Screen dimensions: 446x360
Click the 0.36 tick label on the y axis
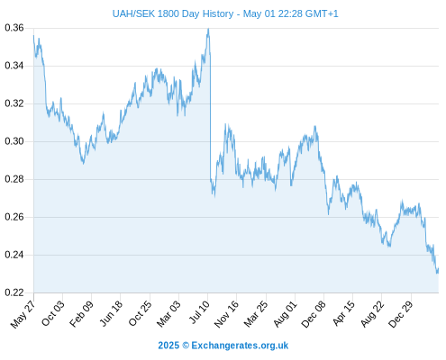(x=14, y=28)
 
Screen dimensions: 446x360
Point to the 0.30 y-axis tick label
(x=14, y=141)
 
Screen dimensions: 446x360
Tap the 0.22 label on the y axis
(x=14, y=292)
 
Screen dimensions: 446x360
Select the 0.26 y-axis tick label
(x=14, y=217)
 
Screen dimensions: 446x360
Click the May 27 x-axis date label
(x=23, y=315)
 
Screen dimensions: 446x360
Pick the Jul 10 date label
(x=199, y=313)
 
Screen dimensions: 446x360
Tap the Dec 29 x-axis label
(x=400, y=314)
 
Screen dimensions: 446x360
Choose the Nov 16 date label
(x=226, y=314)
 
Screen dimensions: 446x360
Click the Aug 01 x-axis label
(x=285, y=314)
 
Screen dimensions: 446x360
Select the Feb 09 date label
(x=81, y=314)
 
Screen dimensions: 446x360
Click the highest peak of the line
(x=208, y=29)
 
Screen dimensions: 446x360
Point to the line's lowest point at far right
(x=437, y=273)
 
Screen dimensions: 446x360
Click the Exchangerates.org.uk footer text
(x=240, y=346)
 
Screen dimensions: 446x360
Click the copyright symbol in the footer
(x=186, y=346)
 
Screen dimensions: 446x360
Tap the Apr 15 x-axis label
(x=343, y=314)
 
